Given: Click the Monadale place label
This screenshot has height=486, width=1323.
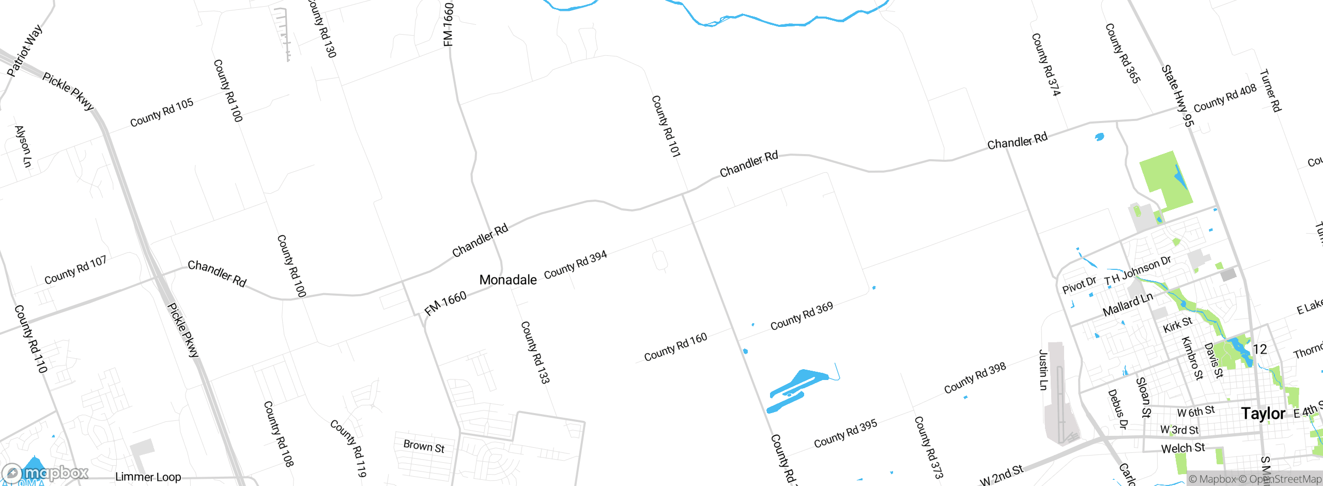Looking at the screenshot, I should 508,280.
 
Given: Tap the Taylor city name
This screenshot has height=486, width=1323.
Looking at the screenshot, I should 1263,414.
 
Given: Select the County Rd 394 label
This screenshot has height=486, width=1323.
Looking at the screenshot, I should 575,264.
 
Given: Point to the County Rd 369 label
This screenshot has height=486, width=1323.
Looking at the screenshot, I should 802,316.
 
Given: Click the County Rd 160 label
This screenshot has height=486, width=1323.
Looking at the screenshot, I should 675,347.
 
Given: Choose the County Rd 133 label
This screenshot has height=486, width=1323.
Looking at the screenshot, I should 535,352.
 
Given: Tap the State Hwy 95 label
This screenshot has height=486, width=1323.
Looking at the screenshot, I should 1178,96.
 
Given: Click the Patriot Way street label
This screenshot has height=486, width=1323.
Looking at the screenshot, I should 24,51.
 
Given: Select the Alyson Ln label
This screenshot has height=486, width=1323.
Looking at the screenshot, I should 23,146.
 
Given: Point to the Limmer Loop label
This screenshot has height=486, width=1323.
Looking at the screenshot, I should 148,477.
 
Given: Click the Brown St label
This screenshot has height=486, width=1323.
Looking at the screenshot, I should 424,446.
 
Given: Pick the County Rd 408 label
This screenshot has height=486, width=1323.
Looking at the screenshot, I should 1225,98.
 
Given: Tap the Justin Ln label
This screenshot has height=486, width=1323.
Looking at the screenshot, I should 1043,370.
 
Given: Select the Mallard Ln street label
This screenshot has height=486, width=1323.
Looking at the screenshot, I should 1128,305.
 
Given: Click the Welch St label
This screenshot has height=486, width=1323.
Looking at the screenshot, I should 1183,448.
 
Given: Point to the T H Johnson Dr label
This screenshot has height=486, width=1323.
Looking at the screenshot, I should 1137,271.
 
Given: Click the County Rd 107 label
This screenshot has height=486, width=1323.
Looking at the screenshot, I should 75,270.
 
